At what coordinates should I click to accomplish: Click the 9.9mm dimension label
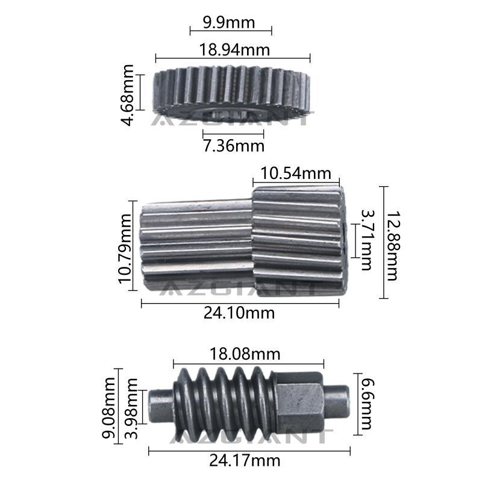click(x=229, y=23)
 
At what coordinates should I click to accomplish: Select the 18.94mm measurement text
click(x=234, y=49)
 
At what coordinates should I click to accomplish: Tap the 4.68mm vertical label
click(x=127, y=95)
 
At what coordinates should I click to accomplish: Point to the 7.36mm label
click(x=234, y=146)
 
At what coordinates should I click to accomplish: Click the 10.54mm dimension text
click(x=296, y=174)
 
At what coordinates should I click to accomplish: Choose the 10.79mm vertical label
click(x=125, y=249)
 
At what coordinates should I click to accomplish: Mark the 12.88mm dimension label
click(x=392, y=246)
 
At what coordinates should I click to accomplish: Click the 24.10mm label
click(x=239, y=313)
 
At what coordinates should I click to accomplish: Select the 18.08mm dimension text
click(x=245, y=354)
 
